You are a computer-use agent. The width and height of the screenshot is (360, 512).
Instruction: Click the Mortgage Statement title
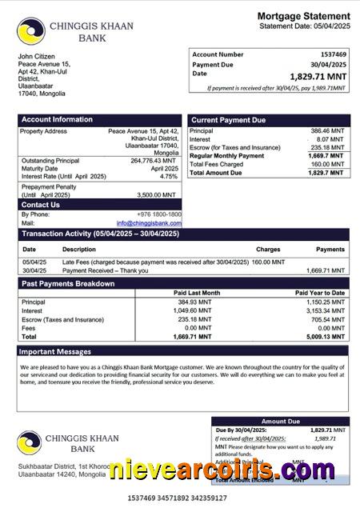(303, 16)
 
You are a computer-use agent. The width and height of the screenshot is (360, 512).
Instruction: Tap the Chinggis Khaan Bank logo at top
(30, 31)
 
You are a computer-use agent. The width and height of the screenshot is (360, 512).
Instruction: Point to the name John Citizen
(36, 57)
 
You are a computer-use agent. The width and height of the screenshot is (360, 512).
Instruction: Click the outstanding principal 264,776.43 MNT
(154, 161)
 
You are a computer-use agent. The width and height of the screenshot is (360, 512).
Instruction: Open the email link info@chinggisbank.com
(149, 223)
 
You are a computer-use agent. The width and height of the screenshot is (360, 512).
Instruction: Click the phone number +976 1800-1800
(158, 214)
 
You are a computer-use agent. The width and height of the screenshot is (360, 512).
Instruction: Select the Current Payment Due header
(228, 120)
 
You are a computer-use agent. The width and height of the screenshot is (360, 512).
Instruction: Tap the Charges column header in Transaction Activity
(268, 250)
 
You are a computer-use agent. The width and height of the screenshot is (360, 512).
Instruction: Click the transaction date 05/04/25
(34, 262)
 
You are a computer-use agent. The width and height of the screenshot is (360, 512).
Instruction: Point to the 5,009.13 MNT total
(326, 337)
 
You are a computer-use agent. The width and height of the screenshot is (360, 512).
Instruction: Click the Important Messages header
(55, 351)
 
